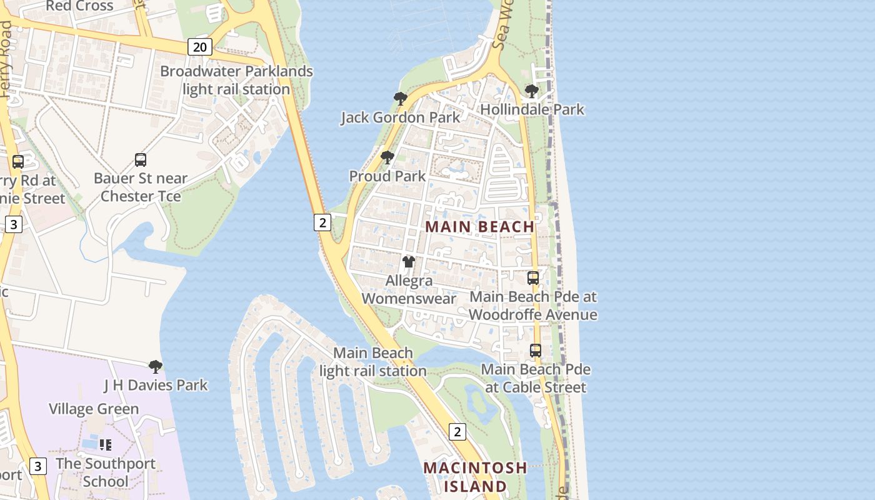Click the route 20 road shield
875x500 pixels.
pos(199,46)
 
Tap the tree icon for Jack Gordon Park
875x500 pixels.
pos(400,98)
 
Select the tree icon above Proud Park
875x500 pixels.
pos(387,157)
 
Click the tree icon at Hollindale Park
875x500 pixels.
pos(532,91)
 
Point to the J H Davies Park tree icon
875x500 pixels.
pos(156,366)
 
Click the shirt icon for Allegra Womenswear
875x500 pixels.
pos(409,262)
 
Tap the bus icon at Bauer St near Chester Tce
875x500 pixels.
pos(141,160)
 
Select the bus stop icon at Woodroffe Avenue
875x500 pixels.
pos(533,278)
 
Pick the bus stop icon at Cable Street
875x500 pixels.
pos(536,351)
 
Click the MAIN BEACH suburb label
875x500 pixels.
pos(480,227)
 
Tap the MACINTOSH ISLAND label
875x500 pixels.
pos(475,477)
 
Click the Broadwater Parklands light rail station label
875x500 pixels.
pos(236,80)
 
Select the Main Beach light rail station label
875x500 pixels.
pos(373,362)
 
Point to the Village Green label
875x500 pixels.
pos(94,409)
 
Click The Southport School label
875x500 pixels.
pos(106,472)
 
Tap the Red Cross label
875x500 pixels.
pos(79,6)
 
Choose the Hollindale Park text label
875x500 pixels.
pos(532,110)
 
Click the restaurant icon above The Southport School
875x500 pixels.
pos(106,445)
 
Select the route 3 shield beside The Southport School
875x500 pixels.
pos(38,466)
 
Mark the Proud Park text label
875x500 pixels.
pos(387,176)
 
